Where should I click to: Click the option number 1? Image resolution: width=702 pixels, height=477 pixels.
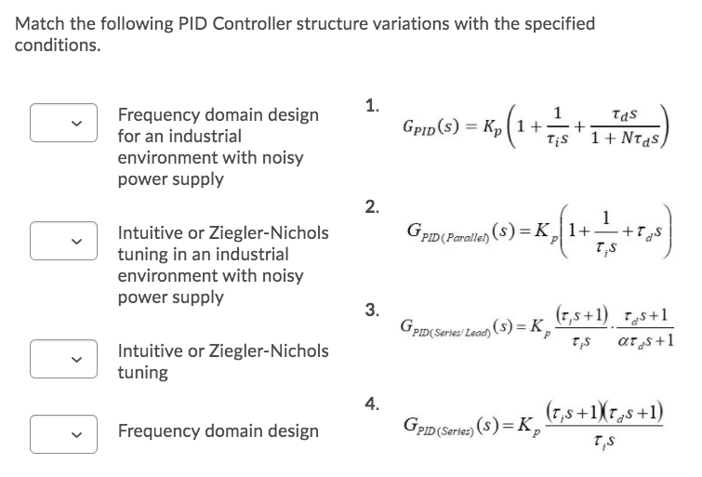tap(372, 106)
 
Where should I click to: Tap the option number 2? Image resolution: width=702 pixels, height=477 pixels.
tap(372, 206)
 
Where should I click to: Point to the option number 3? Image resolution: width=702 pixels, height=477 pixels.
tap(372, 310)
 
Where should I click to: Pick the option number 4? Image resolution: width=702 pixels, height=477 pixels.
tap(372, 403)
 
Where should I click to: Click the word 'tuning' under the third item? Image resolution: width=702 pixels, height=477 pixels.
tap(142, 372)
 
